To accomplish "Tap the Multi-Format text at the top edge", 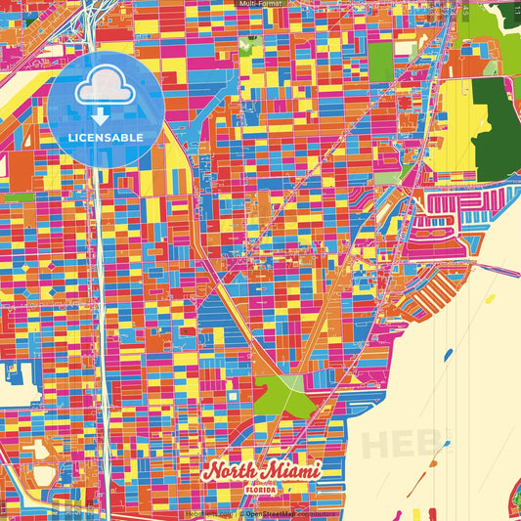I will click(260, 4).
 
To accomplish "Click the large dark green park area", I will click(498, 130).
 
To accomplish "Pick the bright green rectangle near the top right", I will click(380, 61).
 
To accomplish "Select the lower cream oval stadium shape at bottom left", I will click(42, 478).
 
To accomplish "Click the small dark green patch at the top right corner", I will click(508, 12).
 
